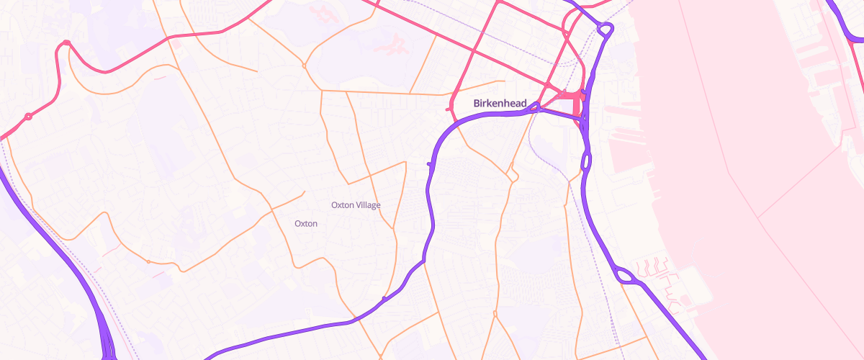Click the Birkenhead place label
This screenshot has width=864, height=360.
click(x=500, y=103)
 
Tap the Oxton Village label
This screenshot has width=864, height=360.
click(x=356, y=205)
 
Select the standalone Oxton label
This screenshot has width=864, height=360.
click(x=306, y=223)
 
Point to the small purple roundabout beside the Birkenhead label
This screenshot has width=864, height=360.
click(x=536, y=107)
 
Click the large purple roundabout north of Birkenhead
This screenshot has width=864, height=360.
click(x=605, y=29)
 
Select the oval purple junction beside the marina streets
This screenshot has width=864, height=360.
click(x=624, y=275)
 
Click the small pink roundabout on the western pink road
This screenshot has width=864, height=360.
click(x=28, y=116)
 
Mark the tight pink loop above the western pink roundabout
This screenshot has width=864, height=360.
click(x=66, y=43)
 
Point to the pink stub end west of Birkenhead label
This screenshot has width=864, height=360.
click(x=449, y=109)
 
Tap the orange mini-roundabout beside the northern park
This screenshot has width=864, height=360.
click(x=304, y=66)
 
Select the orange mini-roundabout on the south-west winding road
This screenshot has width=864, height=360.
click(x=148, y=261)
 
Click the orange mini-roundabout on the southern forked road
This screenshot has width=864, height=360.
click(x=495, y=313)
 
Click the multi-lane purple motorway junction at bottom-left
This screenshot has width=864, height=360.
click(x=108, y=344)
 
